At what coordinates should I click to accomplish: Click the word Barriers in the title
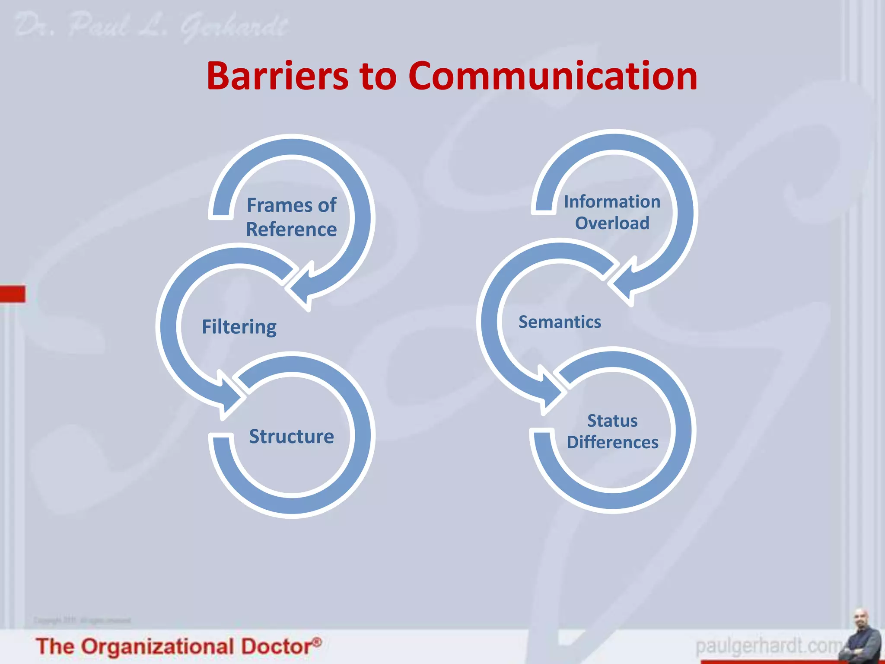tap(277, 76)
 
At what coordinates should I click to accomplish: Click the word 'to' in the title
tap(378, 77)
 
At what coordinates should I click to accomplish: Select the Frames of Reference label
tap(291, 217)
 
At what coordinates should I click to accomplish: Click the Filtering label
tap(239, 327)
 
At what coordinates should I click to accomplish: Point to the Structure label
tap(291, 437)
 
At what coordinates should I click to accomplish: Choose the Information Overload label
tap(612, 212)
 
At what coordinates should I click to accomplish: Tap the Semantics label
tap(560, 322)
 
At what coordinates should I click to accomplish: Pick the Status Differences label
tap(612, 431)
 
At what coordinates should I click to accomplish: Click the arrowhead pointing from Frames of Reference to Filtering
tap(301, 288)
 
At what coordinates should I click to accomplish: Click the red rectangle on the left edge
tap(13, 294)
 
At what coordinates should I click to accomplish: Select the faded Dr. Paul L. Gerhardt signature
tap(151, 26)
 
